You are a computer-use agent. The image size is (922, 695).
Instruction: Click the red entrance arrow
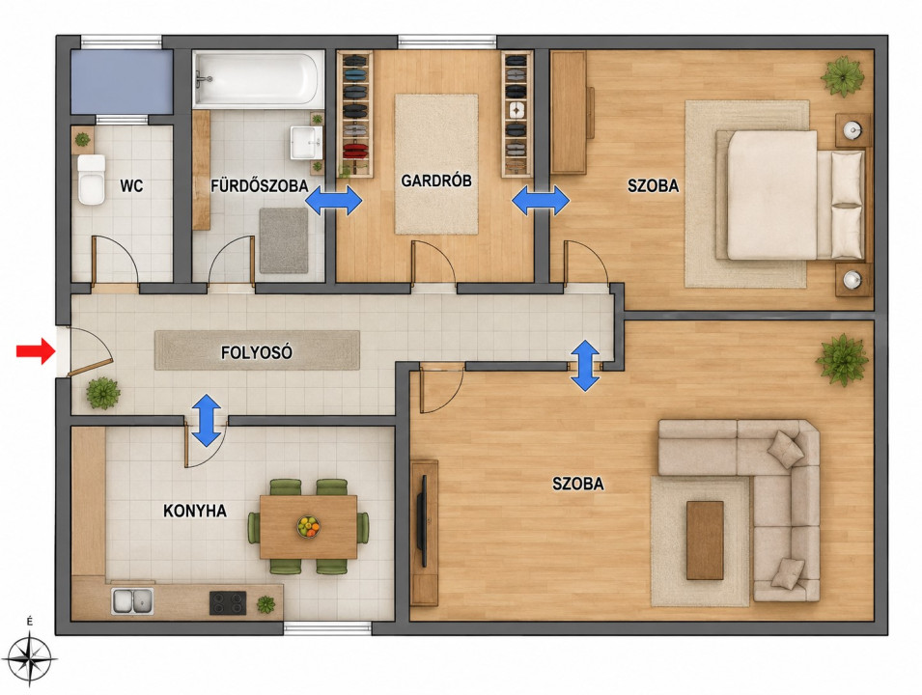36,351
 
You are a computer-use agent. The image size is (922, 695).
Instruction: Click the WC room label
131,186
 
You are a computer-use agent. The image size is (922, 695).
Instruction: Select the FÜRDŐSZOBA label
260,185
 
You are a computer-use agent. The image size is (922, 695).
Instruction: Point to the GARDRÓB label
436,181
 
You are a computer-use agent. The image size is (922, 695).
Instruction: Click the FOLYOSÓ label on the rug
257,352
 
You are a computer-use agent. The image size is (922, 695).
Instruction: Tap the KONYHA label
195,511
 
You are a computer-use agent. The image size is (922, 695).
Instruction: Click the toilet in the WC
91,180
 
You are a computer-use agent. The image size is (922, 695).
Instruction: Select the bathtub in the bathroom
258,79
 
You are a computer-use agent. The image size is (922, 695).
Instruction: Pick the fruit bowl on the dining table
308,526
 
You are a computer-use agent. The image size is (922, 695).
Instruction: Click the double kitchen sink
132,601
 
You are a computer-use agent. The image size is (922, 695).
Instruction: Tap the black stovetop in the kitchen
228,602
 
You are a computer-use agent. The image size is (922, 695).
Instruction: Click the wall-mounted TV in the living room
422,520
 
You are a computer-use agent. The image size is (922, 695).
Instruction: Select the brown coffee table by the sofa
705,541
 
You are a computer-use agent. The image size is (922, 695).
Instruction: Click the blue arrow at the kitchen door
207,420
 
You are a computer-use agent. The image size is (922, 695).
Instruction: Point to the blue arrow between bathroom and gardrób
334,201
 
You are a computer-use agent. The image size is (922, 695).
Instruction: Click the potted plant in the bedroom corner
843,76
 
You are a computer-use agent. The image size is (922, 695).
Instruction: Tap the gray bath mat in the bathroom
284,240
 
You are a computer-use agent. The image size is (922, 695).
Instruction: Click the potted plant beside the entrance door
103,393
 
